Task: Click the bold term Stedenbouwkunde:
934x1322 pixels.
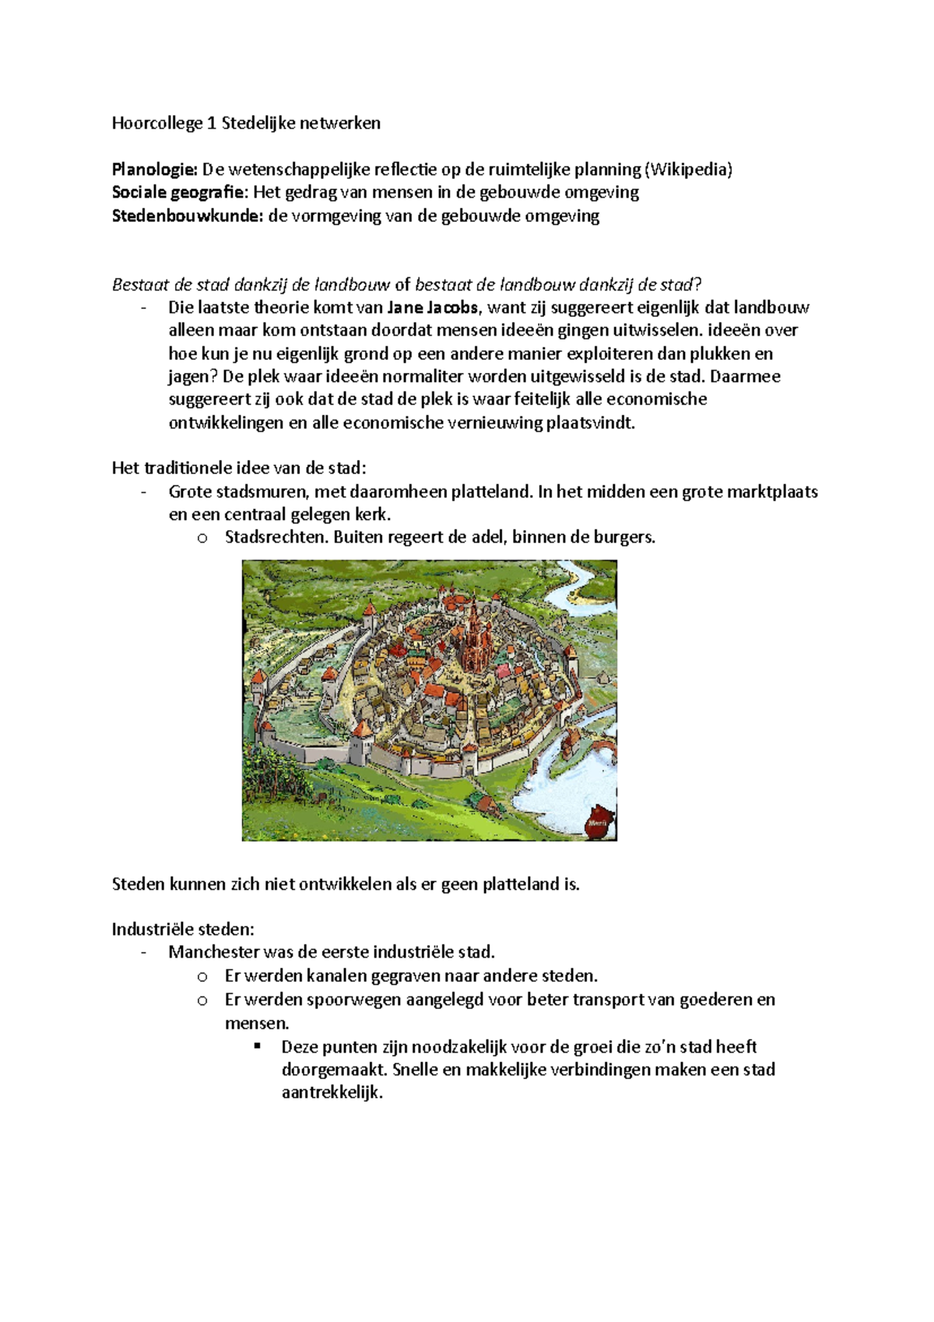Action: click(188, 216)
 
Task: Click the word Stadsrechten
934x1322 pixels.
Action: click(275, 537)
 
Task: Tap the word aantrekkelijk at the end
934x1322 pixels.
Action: click(332, 1092)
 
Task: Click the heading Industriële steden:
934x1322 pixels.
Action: click(183, 930)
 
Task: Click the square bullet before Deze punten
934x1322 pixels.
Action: click(258, 1046)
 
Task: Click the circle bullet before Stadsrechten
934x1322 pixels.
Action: click(202, 538)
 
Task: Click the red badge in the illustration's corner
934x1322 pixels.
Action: click(599, 821)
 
